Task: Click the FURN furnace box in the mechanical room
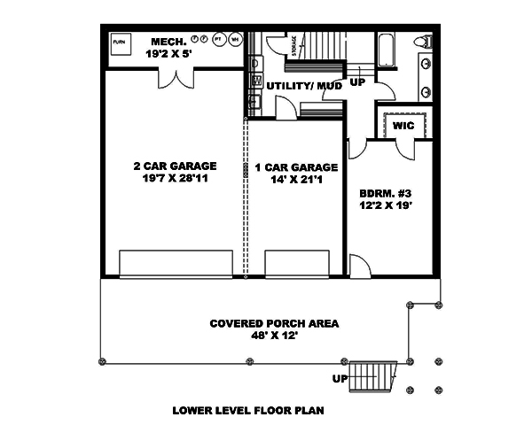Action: coord(119,42)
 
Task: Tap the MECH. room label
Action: coord(168,41)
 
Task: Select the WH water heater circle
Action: coord(235,40)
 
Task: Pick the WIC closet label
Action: coord(404,126)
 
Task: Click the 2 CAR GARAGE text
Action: coord(176,166)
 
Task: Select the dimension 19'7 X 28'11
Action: coord(176,179)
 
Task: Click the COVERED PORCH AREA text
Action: coord(262,323)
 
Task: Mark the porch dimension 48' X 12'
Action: coord(262,336)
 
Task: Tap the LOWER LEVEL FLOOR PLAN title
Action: coord(247,411)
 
